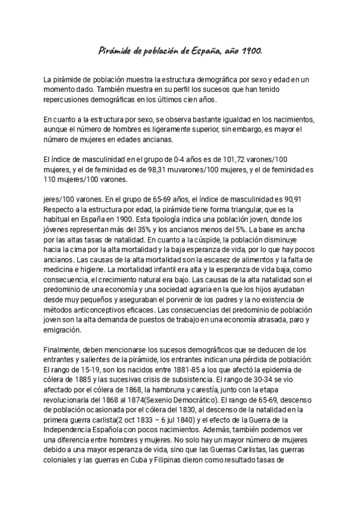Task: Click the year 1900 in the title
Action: coord(252,52)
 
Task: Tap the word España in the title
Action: coord(211,52)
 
